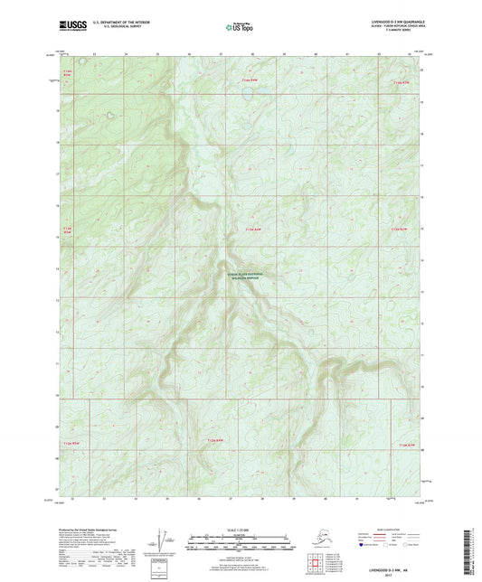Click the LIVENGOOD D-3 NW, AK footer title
click(391, 568)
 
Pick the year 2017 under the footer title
click(391, 574)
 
